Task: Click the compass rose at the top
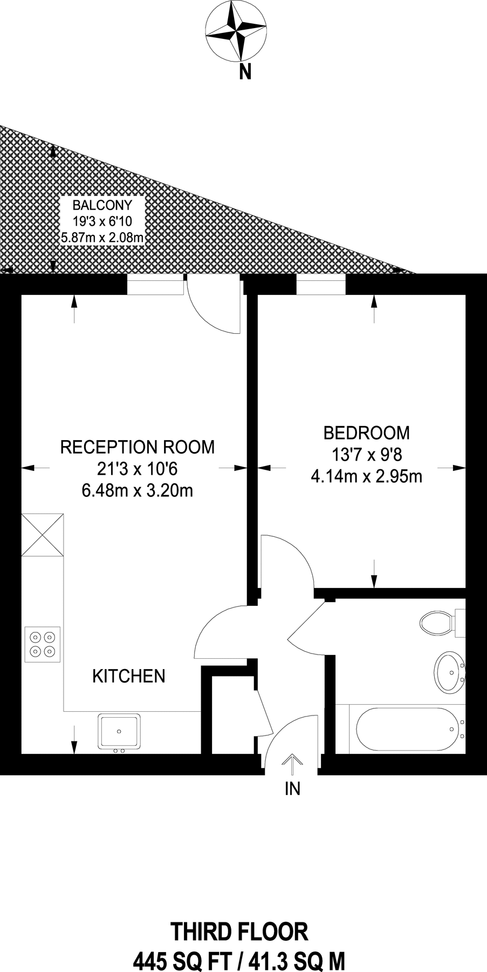[x=236, y=31]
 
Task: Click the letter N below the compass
[x=245, y=72]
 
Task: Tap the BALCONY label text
[x=102, y=205]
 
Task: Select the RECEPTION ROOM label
[x=137, y=447]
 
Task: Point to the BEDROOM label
[x=366, y=433]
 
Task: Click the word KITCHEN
[x=129, y=676]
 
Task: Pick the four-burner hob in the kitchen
[x=43, y=644]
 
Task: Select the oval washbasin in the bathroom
[x=449, y=672]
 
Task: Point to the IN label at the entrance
[x=292, y=789]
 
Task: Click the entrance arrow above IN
[x=292, y=765]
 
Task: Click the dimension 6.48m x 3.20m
[x=137, y=491]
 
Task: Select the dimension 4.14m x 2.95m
[x=366, y=476]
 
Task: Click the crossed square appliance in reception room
[x=43, y=535]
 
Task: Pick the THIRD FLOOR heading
[x=239, y=932]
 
